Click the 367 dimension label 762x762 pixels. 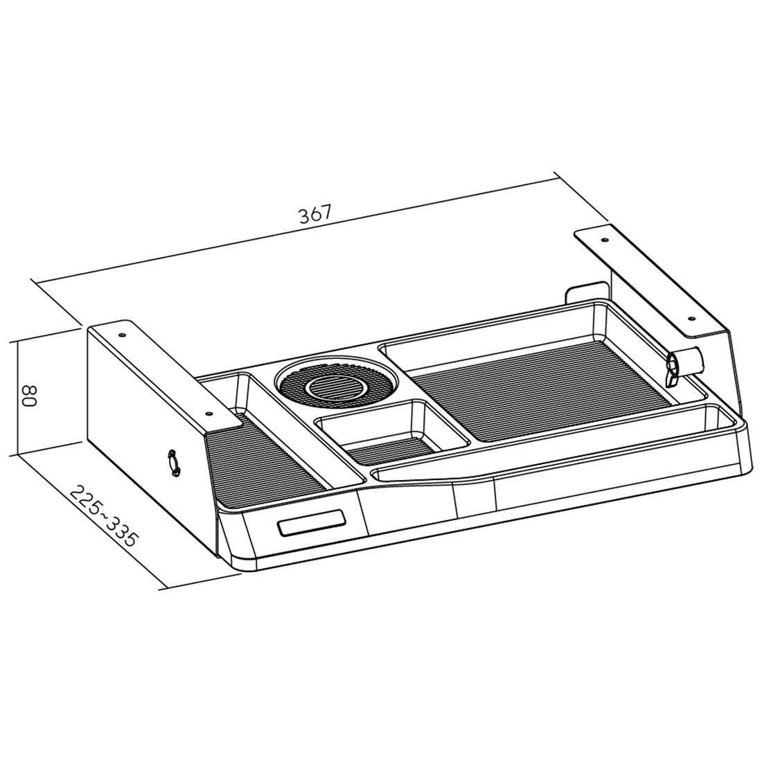point(315,214)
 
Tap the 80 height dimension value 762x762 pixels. point(30,396)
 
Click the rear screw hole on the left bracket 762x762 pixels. point(121,335)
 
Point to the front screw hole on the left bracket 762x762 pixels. point(209,413)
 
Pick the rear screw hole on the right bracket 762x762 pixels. point(604,240)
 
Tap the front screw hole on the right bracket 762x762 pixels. point(691,319)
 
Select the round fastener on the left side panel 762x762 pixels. point(172,461)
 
